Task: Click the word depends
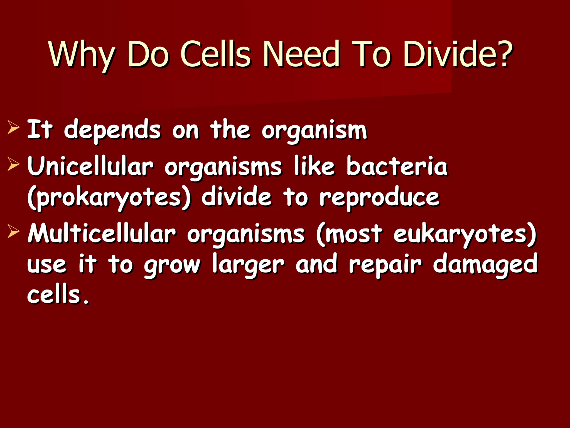click(x=112, y=130)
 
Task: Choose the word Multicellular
click(x=102, y=234)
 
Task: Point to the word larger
click(x=248, y=265)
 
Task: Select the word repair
click(x=385, y=265)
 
